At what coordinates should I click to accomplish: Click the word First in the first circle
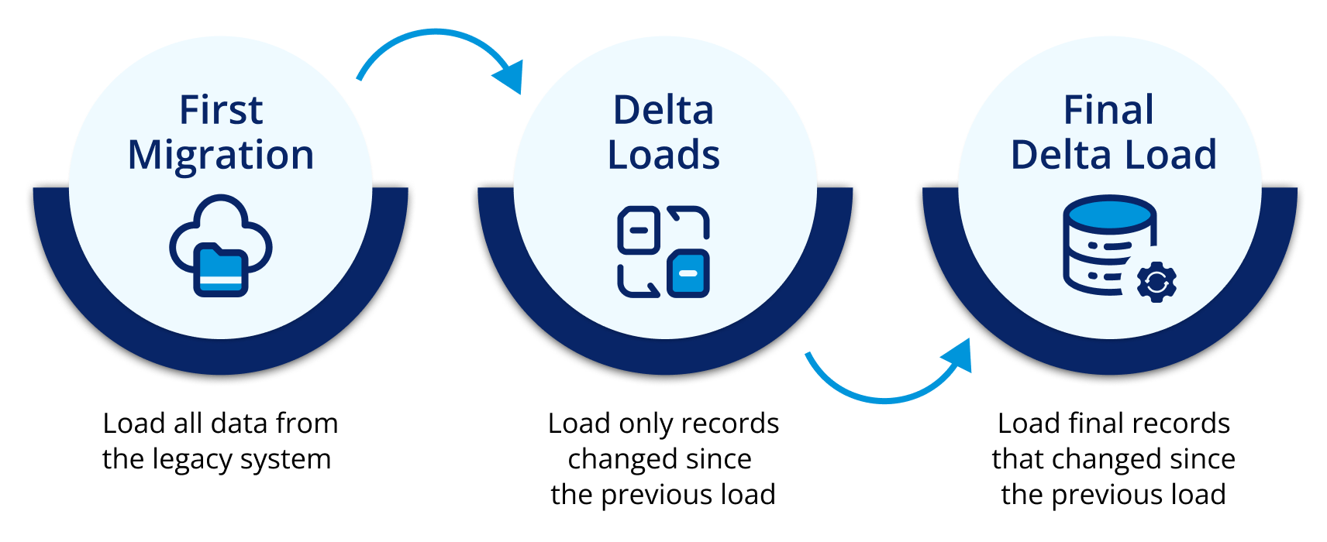point(221,110)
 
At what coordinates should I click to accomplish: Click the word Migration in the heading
point(221,155)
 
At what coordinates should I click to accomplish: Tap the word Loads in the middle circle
point(663,155)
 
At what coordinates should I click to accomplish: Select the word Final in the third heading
point(1108,110)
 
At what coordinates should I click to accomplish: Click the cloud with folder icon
point(221,232)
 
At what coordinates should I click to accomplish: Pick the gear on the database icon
point(1156,283)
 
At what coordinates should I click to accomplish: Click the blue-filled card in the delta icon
point(688,273)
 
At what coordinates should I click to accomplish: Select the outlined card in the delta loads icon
point(638,230)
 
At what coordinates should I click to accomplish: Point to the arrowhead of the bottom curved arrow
point(959,356)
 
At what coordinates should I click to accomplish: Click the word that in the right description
point(1018,459)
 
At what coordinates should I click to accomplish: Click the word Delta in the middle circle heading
point(663,110)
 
